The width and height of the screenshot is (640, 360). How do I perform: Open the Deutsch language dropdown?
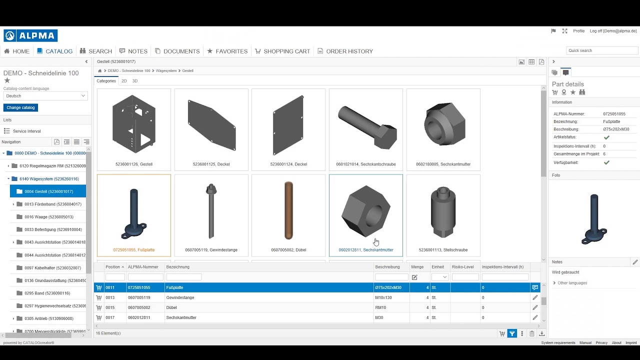point(45,95)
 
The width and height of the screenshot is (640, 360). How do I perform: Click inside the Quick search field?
point(601,50)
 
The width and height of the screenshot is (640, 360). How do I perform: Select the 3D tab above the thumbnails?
point(135,81)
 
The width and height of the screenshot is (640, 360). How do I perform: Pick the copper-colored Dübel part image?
point(288,210)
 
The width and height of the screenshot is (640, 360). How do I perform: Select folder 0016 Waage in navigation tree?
point(49,217)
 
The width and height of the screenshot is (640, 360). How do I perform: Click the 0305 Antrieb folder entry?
point(49,318)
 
